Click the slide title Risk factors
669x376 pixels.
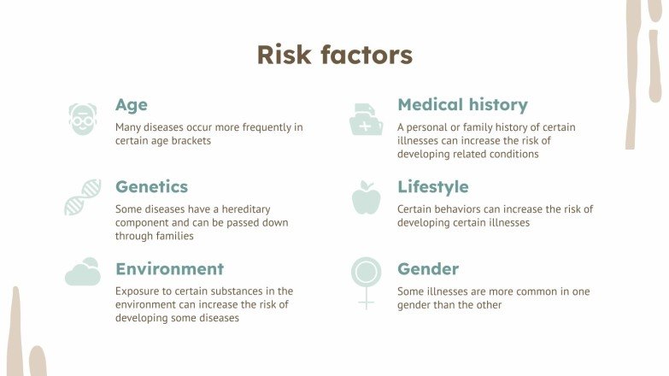point(334,55)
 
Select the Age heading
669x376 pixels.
point(132,105)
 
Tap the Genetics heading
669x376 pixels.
point(151,187)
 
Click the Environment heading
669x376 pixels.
point(169,269)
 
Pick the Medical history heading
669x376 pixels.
point(462,105)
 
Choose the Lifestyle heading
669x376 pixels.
point(432,187)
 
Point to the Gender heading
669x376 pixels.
point(428,269)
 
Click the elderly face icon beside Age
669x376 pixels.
point(83,119)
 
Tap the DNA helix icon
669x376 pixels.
point(83,197)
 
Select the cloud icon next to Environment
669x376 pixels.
point(83,273)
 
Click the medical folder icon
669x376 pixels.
point(367,119)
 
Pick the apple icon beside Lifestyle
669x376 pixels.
point(366,197)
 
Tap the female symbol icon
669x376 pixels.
point(366,281)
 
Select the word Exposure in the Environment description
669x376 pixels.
point(138,291)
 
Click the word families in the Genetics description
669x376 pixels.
point(170,237)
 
